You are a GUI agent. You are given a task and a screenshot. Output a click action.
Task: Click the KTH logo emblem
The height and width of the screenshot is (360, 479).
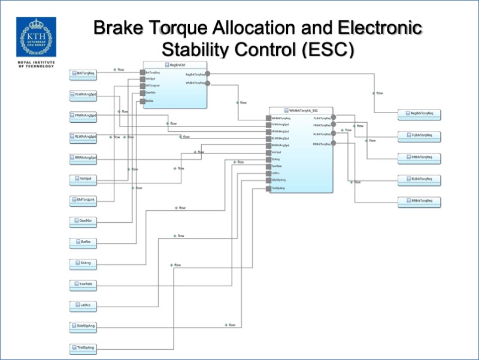(x=34, y=37)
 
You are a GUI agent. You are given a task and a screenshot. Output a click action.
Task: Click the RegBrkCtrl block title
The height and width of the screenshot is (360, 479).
(x=175, y=64)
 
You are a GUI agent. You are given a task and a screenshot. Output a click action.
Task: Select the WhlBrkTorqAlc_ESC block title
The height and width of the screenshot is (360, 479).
(x=301, y=111)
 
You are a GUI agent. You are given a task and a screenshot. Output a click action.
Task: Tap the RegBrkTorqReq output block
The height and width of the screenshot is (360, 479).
(x=420, y=113)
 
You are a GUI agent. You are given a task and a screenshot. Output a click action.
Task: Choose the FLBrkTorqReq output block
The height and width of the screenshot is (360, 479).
(x=420, y=135)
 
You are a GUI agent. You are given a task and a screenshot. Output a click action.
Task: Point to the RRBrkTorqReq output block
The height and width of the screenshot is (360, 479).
(x=420, y=201)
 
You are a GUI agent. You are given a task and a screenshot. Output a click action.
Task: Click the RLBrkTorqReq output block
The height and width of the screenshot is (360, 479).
(x=420, y=179)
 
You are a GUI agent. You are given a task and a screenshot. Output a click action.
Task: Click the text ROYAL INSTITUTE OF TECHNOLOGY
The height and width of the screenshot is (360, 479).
(x=34, y=64)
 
